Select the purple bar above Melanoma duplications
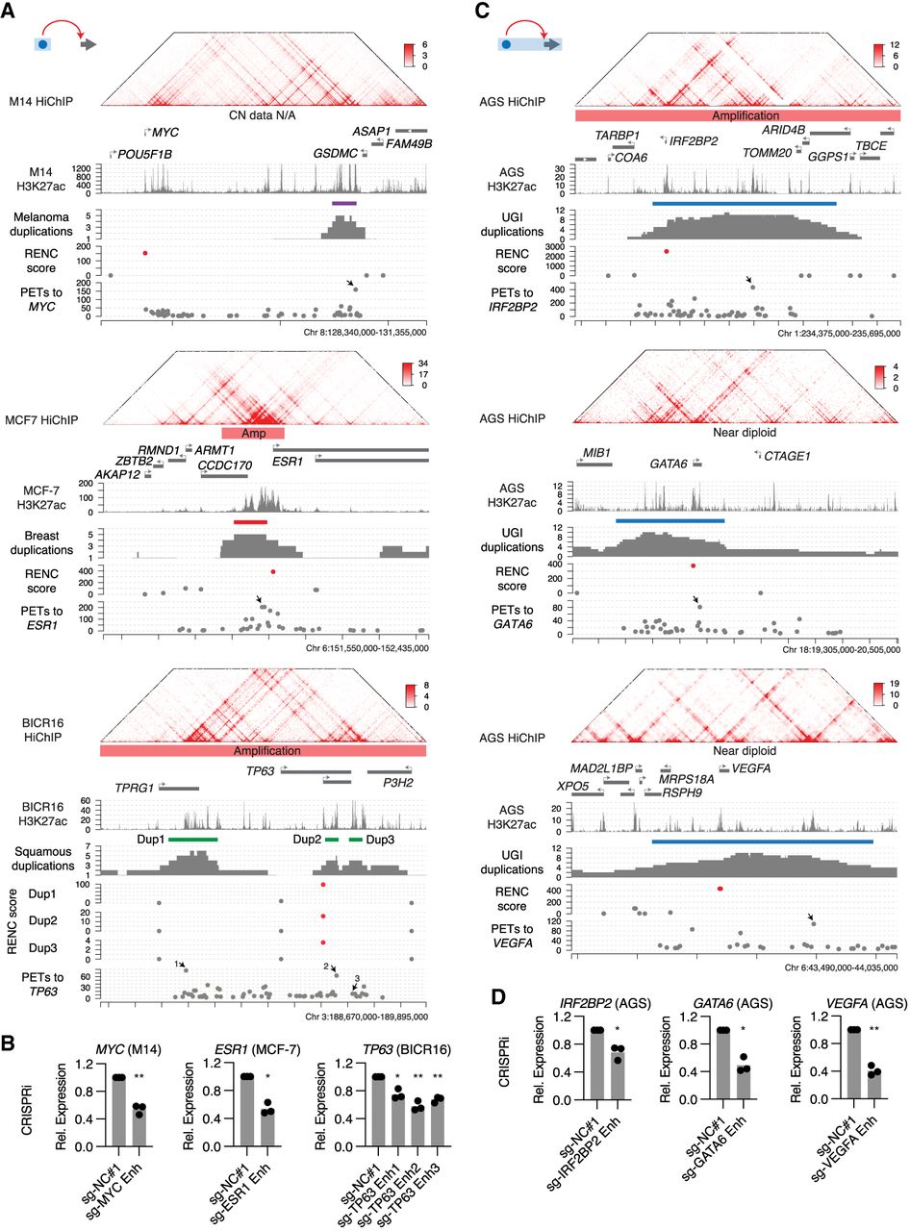[344, 203]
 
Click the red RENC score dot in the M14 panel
[145, 253]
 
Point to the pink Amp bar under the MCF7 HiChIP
[252, 433]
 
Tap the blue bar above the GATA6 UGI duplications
[670, 520]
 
